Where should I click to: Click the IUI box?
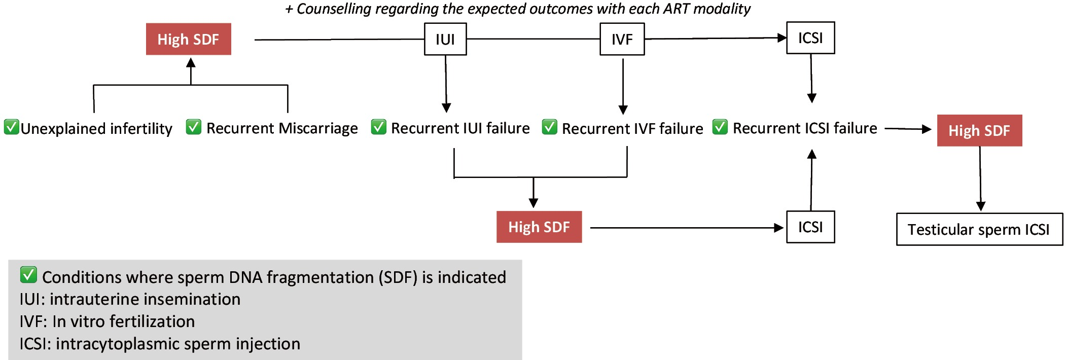(x=445, y=39)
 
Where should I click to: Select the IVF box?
(x=622, y=39)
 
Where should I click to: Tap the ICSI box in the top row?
(x=810, y=38)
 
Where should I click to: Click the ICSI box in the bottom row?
(x=810, y=227)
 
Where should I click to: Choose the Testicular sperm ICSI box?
(x=979, y=229)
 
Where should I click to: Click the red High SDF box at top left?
(x=189, y=39)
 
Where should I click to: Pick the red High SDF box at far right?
(x=979, y=130)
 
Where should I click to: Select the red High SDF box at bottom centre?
(x=539, y=227)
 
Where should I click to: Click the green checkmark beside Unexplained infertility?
(x=11, y=127)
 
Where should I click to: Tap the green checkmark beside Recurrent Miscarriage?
(x=193, y=127)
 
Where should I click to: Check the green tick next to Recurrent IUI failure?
(x=378, y=127)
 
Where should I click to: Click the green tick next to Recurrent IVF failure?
(x=549, y=127)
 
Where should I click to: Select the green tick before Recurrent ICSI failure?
(x=720, y=127)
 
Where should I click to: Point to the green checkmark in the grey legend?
(x=28, y=275)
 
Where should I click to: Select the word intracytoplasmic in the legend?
(x=117, y=344)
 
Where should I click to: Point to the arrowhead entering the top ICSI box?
(x=782, y=38)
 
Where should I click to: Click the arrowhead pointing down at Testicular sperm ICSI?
(x=981, y=206)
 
